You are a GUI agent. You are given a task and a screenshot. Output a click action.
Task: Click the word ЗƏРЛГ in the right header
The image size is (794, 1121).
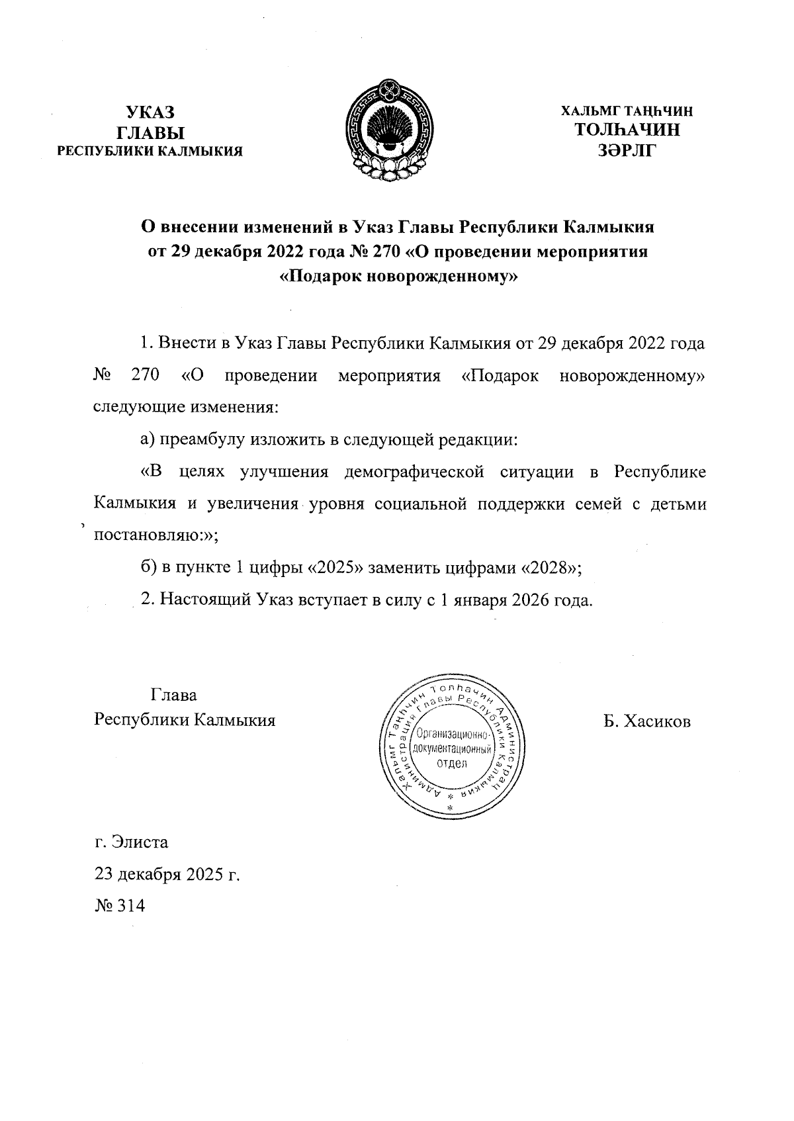pyautogui.click(x=626, y=152)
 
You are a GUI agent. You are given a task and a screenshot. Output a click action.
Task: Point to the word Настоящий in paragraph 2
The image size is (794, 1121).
pyautogui.click(x=202, y=600)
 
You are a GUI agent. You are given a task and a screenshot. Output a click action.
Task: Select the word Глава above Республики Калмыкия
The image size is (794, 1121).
pyautogui.click(x=174, y=696)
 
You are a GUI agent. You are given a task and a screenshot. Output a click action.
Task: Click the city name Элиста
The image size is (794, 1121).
pyautogui.click(x=140, y=843)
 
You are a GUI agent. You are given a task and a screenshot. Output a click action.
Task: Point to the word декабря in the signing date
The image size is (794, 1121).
pyautogui.click(x=149, y=875)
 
